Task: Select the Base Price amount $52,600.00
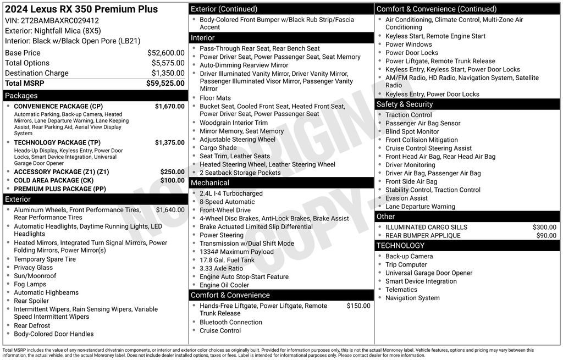165,53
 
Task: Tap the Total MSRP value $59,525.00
165,83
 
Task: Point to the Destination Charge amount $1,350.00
168,73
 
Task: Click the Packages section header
21,96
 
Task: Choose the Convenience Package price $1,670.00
169,106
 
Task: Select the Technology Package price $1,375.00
169,142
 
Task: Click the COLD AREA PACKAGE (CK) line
54,180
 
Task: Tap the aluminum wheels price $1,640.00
170,210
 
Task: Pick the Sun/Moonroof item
35,276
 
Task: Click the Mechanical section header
210,183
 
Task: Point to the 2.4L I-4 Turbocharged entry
231,193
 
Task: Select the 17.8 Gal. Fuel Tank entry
227,260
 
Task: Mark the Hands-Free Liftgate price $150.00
358,306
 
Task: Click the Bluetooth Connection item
230,322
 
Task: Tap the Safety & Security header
405,104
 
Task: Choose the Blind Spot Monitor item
412,132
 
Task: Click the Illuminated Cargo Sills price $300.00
544,227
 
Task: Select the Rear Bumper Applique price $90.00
546,235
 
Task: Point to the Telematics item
401,290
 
